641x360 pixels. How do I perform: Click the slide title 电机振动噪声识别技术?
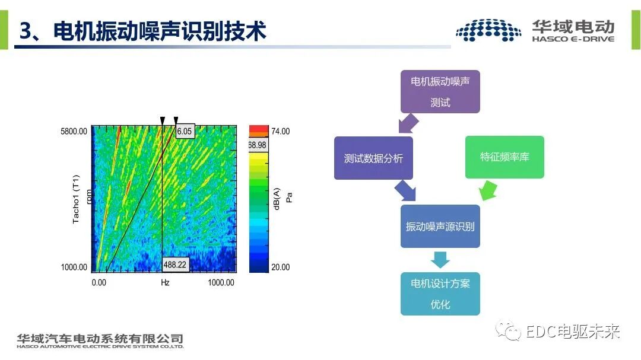[159, 31]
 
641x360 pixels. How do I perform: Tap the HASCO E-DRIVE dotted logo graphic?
[488, 30]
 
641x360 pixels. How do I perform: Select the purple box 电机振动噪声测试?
[440, 92]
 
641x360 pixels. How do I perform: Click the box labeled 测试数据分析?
[373, 158]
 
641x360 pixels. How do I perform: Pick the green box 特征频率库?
[504, 157]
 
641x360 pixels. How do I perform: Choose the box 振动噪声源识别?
[440, 227]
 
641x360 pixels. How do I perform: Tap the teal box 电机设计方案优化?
[440, 294]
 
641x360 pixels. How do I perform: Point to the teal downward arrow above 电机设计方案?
[440, 260]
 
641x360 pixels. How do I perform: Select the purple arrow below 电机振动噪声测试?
[408, 124]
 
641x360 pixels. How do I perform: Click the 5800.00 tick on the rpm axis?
[74, 131]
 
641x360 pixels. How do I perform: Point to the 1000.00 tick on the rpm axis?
[74, 267]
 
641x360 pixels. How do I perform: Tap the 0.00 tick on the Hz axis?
[99, 283]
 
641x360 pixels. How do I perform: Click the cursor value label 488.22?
[175, 265]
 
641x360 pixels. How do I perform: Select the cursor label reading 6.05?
[185, 131]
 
